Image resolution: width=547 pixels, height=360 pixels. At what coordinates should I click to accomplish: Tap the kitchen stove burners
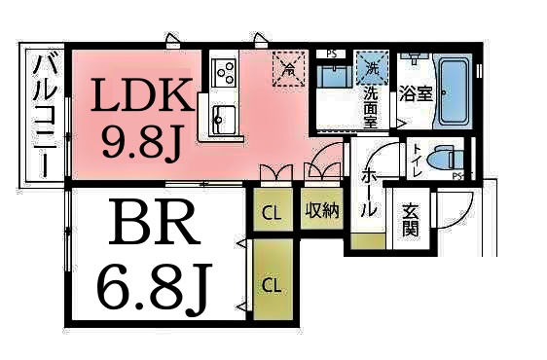[225, 71]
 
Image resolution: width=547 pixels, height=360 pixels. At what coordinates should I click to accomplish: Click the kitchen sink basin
[223, 118]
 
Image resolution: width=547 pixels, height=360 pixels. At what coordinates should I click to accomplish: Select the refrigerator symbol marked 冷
[287, 66]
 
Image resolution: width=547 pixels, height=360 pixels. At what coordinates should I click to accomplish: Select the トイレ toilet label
[418, 158]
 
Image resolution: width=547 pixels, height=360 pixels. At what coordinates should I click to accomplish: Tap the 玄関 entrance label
[412, 221]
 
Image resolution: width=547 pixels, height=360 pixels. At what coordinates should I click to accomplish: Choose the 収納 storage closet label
[322, 210]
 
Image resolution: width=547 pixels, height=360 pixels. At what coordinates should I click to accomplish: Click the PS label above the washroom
[332, 54]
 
